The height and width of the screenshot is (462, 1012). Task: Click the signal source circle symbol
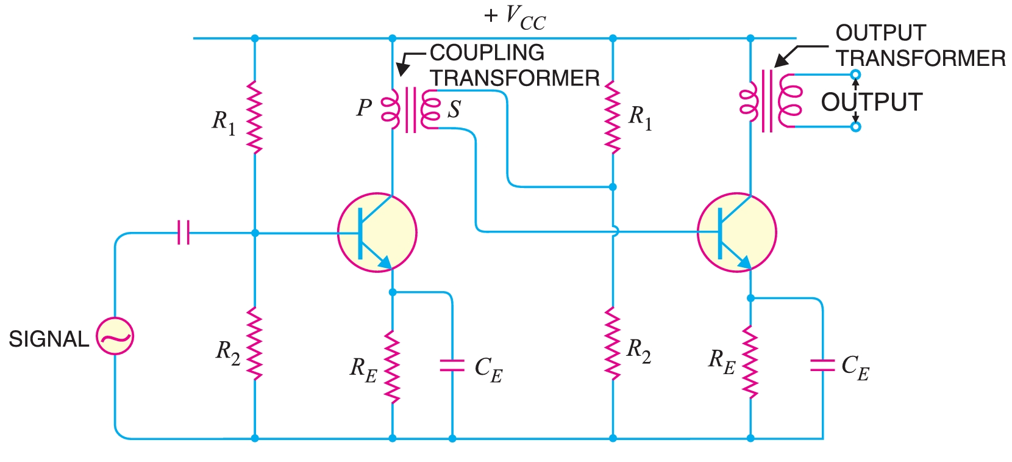pyautogui.click(x=115, y=336)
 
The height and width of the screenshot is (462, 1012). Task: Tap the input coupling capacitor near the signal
pyautogui.click(x=183, y=233)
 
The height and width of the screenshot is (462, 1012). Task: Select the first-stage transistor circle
pyautogui.click(x=377, y=232)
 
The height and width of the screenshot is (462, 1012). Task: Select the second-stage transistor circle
pyautogui.click(x=736, y=232)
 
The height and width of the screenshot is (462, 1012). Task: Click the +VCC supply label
pyautogui.click(x=515, y=17)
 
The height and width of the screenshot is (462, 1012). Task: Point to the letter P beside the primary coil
pyautogui.click(x=364, y=108)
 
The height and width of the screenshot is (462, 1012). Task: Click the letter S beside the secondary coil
pyautogui.click(x=454, y=109)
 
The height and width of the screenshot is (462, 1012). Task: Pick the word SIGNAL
pyautogui.click(x=49, y=339)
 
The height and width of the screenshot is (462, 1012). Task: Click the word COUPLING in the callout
pyautogui.click(x=487, y=53)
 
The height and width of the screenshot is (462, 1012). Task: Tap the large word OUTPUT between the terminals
pyautogui.click(x=871, y=102)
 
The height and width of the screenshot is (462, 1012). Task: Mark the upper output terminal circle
pyautogui.click(x=855, y=75)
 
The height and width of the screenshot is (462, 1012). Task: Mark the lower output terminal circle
pyautogui.click(x=855, y=127)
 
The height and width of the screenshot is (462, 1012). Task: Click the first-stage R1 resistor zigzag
pyautogui.click(x=255, y=117)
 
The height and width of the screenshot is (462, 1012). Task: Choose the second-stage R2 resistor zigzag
pyautogui.click(x=613, y=344)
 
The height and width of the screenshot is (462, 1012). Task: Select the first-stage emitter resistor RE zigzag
pyautogui.click(x=393, y=366)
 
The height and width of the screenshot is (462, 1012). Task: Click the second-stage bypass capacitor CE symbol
pyautogui.click(x=822, y=366)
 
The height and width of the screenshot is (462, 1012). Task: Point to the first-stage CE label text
pyautogui.click(x=488, y=369)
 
